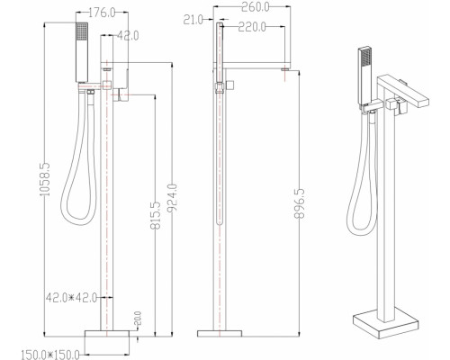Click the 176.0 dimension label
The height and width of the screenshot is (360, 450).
[103, 13]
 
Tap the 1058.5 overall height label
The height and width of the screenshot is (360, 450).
[45, 179]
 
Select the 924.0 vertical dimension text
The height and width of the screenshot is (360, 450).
[173, 198]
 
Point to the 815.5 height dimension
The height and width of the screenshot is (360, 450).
[156, 216]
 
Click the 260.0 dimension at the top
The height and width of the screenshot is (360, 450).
[256, 7]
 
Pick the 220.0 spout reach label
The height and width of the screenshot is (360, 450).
[252, 27]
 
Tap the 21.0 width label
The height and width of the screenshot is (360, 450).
[193, 20]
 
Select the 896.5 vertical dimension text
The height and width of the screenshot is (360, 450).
[300, 203]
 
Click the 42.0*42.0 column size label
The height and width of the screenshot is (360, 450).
[71, 298]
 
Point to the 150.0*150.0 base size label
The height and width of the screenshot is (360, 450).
[50, 355]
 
